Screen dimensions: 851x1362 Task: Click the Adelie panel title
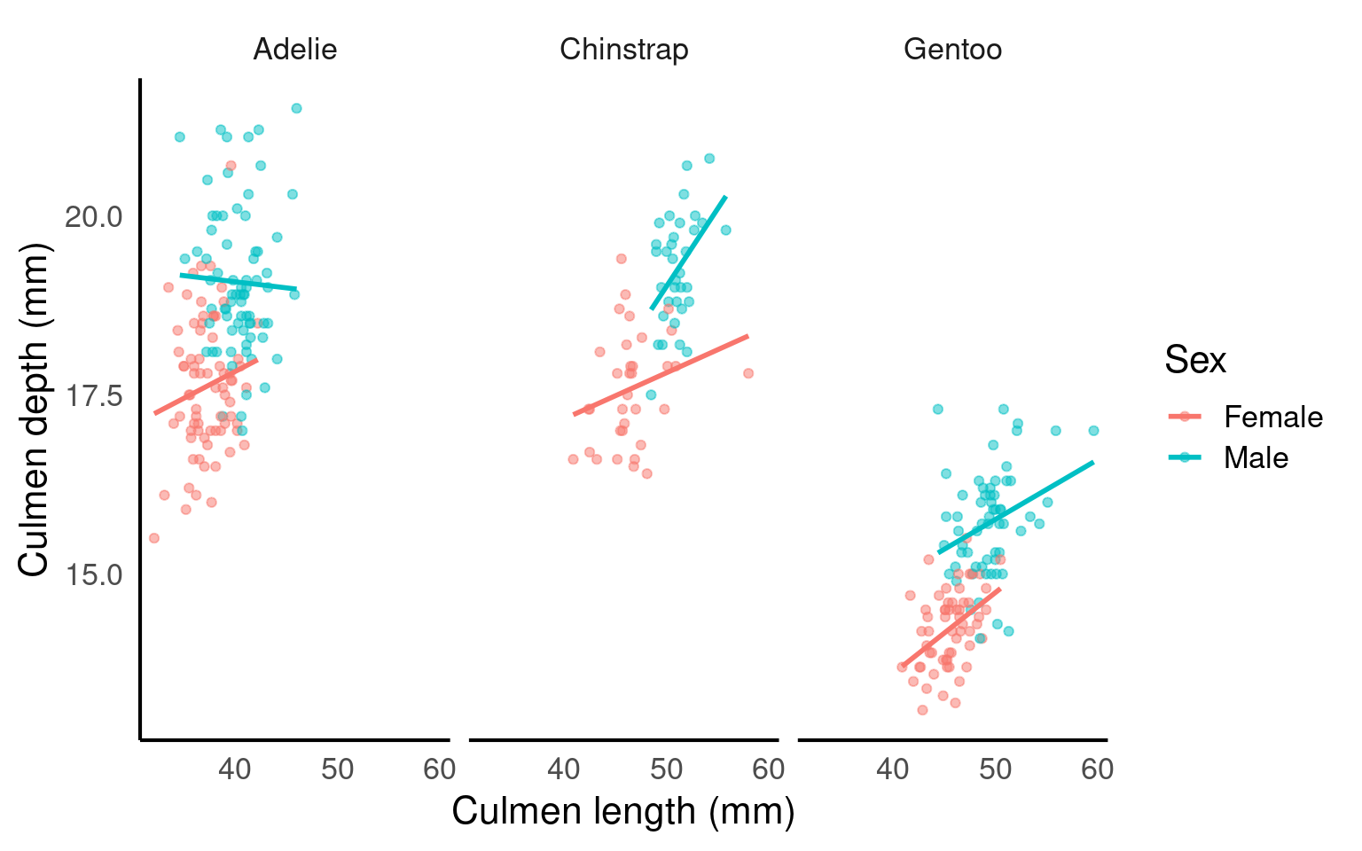pyautogui.click(x=294, y=49)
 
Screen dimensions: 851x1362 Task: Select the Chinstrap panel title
pyautogui.click(x=623, y=49)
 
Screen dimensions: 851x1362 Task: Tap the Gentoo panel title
pyautogui.click(x=952, y=49)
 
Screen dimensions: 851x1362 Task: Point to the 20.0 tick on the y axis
pyautogui.click(x=94, y=216)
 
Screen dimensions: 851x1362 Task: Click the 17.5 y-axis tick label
pyautogui.click(x=94, y=395)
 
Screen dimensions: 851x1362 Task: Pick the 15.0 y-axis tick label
pyautogui.click(x=94, y=575)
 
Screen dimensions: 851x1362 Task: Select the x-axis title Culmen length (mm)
pyautogui.click(x=622, y=811)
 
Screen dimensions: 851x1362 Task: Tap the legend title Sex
pyautogui.click(x=1194, y=360)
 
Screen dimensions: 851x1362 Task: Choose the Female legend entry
pyautogui.click(x=1272, y=417)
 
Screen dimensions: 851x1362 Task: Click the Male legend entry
pyautogui.click(x=1256, y=457)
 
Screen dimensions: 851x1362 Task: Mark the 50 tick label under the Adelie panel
pyautogui.click(x=338, y=769)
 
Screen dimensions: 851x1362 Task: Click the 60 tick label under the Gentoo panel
pyautogui.click(x=1097, y=769)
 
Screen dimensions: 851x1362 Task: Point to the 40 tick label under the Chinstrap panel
pyautogui.click(x=564, y=769)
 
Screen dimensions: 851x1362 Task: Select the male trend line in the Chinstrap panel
pyautogui.click(x=689, y=253)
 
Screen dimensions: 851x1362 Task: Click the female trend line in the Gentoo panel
pyautogui.click(x=951, y=627)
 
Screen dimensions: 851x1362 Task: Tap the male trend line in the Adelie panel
pyautogui.click(x=238, y=282)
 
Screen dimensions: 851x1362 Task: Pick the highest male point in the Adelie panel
pyautogui.click(x=296, y=108)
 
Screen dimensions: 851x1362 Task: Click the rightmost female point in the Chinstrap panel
pyautogui.click(x=748, y=373)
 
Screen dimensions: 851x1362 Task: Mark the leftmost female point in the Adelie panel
pyautogui.click(x=153, y=538)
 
